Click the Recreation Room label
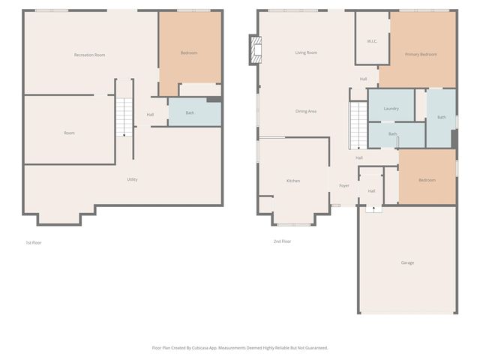pos(89,55)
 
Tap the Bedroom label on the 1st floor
pos(189,52)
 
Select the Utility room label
pos(132,179)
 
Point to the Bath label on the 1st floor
pos(190,113)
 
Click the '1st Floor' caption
pos(34,242)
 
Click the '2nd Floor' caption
pos(282,241)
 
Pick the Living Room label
pos(306,52)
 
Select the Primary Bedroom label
pos(421,54)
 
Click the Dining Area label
pos(306,111)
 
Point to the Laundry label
pos(391,109)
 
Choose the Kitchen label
pos(293,181)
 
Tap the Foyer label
pos(344,185)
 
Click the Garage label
pos(407,262)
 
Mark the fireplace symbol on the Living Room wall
pos(256,51)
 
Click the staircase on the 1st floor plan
pos(124,117)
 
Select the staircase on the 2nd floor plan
pos(358,124)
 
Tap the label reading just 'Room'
pos(69,133)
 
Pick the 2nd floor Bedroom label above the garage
pos(427,180)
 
